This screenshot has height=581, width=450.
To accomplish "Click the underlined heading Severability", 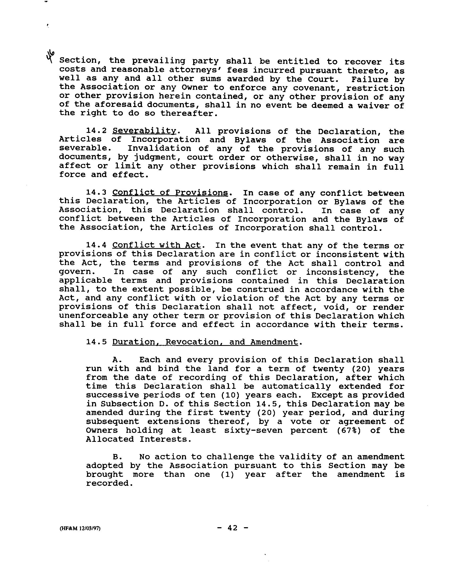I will tap(144, 131).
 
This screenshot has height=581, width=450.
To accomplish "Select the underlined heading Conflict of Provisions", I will tap(170, 193).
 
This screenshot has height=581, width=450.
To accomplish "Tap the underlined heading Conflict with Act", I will tap(157, 245).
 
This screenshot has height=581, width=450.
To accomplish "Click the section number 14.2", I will tap(96, 131).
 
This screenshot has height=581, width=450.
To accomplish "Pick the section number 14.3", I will tap(96, 193).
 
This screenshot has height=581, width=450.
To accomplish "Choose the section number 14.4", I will tap(96, 245).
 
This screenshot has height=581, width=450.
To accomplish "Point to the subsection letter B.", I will tap(117, 457).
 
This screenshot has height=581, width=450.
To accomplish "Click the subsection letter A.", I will tap(117, 360).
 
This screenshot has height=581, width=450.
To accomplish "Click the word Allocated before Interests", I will tap(110, 439).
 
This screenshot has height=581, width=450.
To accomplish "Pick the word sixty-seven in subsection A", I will tap(253, 430).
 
